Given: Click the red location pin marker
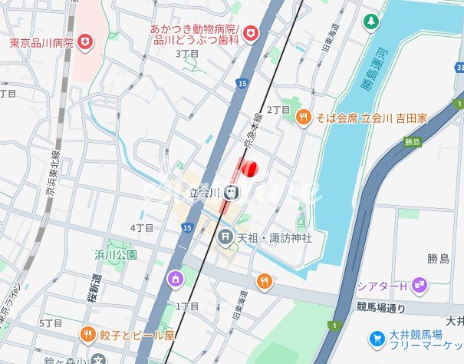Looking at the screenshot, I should [248, 169].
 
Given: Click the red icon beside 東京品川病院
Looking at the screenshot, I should [85, 42].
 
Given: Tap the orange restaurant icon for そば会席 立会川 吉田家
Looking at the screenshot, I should [303, 117].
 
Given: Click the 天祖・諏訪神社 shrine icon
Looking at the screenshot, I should [225, 237].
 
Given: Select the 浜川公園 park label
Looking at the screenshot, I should [116, 254].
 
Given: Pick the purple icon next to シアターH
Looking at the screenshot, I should [419, 285].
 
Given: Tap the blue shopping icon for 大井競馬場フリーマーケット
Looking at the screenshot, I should [377, 338].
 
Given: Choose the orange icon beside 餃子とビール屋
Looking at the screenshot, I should [87, 335].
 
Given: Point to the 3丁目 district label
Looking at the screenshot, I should [187, 54].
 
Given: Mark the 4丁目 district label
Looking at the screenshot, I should [142, 228].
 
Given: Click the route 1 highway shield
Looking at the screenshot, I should [334, 326].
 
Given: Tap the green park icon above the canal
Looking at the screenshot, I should [371, 21].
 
